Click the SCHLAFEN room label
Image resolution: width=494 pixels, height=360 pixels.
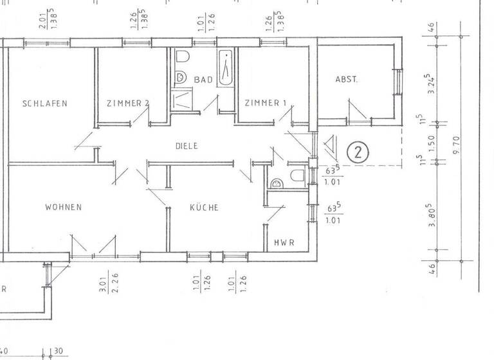[x=45, y=103]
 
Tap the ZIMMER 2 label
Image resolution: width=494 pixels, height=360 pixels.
[x=128, y=103]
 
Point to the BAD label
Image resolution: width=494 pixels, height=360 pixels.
[x=203, y=80]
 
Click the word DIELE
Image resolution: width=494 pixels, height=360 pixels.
[x=187, y=146]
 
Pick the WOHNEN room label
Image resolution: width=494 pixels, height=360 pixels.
[x=63, y=207]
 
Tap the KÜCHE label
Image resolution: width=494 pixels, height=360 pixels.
[x=205, y=208]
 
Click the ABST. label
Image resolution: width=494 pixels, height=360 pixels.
[x=346, y=80]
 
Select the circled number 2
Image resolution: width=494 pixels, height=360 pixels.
[x=358, y=152]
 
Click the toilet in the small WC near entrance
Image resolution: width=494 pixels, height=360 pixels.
[x=297, y=176]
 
